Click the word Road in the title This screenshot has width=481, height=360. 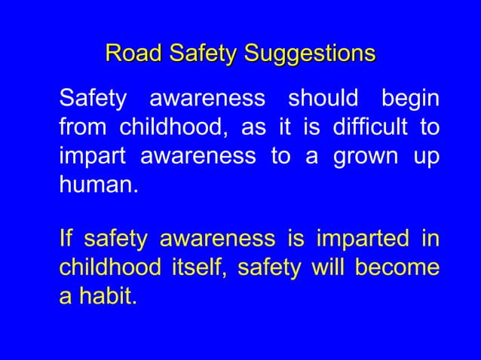[x=133, y=53]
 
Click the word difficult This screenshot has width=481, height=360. [x=372, y=127]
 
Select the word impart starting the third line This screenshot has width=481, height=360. [x=90, y=156]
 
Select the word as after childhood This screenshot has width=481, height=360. [x=253, y=127]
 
